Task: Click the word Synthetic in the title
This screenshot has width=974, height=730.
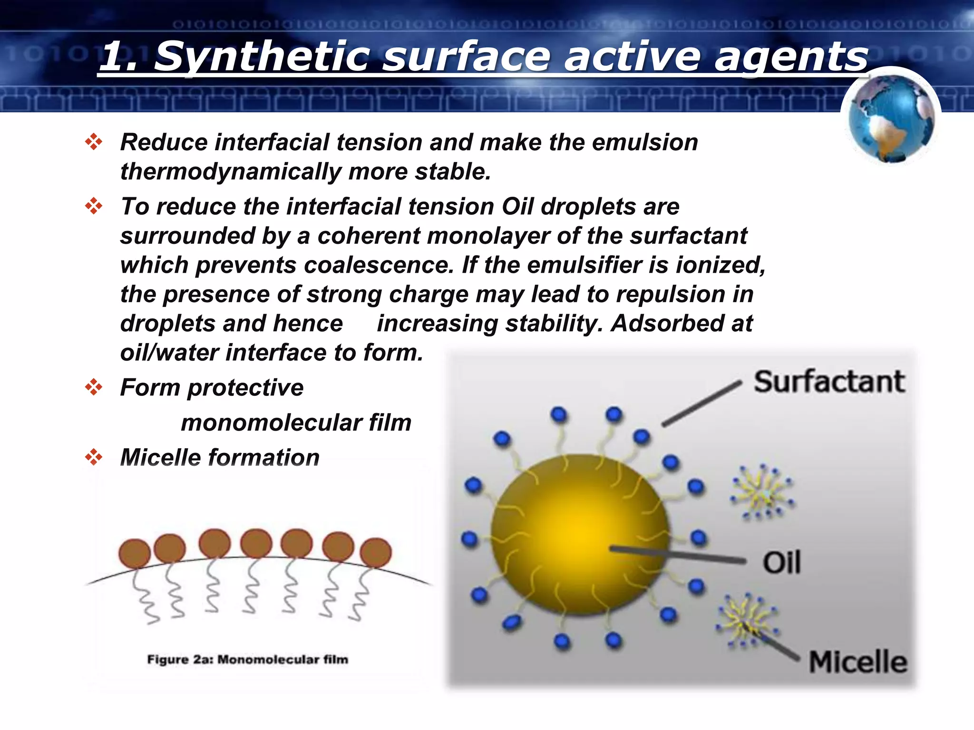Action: pos(262,57)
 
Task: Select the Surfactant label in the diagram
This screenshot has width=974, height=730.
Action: pos(829,382)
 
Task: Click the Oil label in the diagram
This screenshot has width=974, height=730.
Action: pos(782,563)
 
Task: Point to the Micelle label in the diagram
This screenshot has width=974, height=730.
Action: pos(858,662)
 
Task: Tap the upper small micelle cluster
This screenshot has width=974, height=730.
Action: pos(762,492)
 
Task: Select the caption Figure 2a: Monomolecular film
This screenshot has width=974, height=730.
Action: pos(248,660)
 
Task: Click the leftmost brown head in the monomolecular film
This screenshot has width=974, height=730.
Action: pos(135,554)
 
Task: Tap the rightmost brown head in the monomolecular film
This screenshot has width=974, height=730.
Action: pos(376,553)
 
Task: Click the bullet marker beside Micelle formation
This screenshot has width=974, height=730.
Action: pos(94,457)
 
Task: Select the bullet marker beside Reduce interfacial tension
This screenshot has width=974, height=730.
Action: pos(94,142)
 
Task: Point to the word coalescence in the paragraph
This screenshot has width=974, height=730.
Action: pos(379,265)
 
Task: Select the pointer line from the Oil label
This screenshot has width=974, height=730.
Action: pos(678,555)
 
